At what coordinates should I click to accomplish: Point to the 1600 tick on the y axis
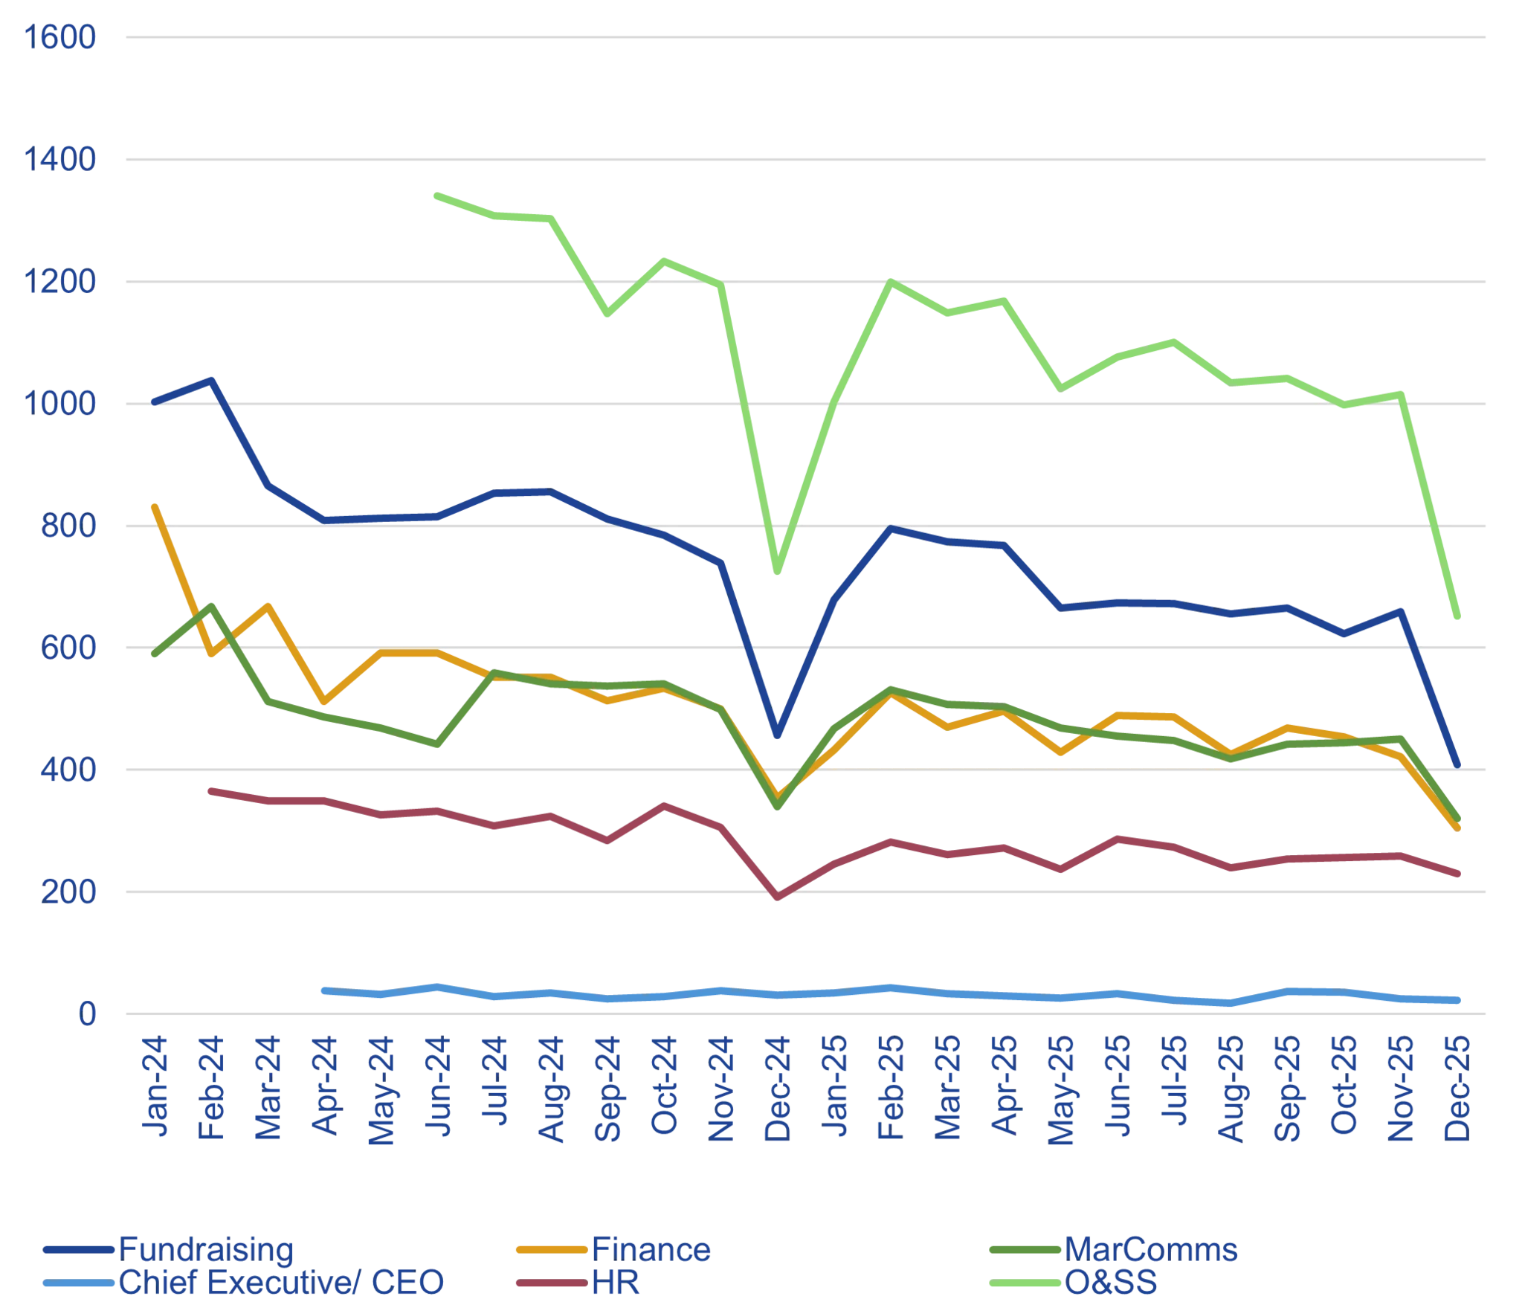coord(61,39)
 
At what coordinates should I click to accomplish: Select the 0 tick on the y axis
coord(88,1014)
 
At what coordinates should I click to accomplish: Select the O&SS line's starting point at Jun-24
coord(435,195)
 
